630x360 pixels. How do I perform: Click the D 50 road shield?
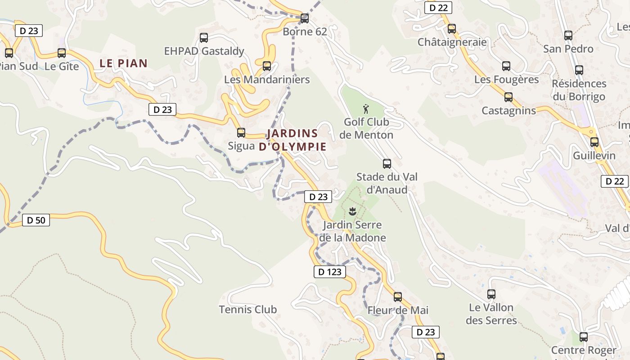[x=36, y=220]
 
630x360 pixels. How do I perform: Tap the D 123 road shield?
[x=329, y=271]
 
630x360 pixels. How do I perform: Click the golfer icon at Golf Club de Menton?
[x=366, y=108]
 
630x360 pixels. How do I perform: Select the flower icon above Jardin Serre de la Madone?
[x=352, y=211]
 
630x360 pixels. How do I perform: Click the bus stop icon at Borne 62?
[x=305, y=18]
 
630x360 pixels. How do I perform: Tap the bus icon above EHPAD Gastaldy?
[x=204, y=38]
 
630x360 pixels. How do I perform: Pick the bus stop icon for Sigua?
[x=241, y=133]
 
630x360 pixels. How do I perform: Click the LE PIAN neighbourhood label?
[x=123, y=63]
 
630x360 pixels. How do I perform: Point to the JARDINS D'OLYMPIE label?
[x=292, y=140]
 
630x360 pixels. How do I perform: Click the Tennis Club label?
[x=247, y=309]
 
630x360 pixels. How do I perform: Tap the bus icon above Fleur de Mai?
[x=398, y=297]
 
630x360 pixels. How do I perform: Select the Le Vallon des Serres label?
[x=491, y=314]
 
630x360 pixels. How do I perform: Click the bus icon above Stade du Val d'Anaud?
[x=387, y=164]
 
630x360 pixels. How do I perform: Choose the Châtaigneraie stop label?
[x=452, y=42]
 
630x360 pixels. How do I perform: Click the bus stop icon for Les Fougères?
[x=506, y=67]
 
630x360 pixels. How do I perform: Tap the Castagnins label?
[x=508, y=110]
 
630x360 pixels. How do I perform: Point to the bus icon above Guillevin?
[x=594, y=142]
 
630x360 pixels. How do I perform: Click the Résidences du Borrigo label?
[x=579, y=90]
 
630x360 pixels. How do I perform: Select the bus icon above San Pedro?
[x=568, y=36]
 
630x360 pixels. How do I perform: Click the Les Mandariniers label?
[x=267, y=79]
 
